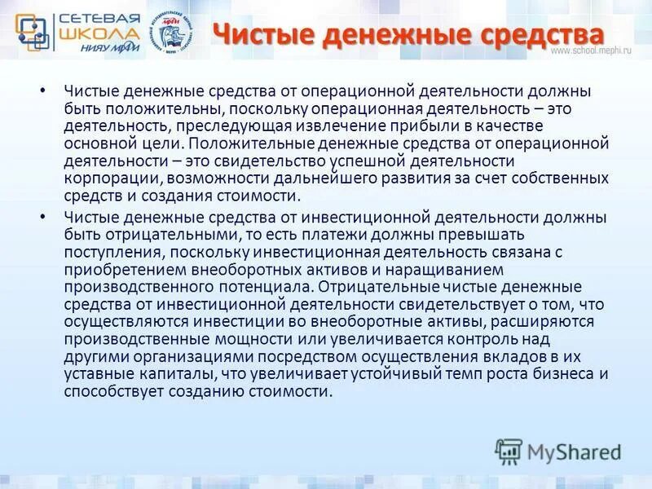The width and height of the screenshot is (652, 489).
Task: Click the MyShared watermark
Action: click(x=557, y=452)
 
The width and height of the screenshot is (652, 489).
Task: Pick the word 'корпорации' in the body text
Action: click(x=104, y=178)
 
